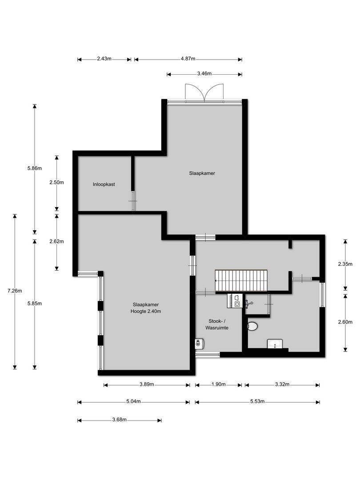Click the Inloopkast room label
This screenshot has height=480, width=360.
tap(104, 184)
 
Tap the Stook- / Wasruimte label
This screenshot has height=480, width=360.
tap(217, 324)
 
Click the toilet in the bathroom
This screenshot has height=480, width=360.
tap(252, 327)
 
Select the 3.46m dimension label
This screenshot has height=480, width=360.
tap(204, 74)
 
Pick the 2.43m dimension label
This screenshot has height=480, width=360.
tap(104, 59)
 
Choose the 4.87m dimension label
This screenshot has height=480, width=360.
tap(188, 59)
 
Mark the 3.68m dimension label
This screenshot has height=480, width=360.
tap(119, 420)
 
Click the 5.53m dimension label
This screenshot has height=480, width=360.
tap(257, 402)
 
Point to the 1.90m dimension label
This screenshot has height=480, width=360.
tap(218, 384)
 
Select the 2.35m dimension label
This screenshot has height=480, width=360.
tap(345, 264)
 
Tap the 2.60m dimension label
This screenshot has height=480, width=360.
tap(345, 322)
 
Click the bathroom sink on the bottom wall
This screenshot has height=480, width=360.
tap(275, 344)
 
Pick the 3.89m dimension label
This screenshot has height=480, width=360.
tap(147, 384)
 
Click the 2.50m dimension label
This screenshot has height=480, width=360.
tap(56, 183)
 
